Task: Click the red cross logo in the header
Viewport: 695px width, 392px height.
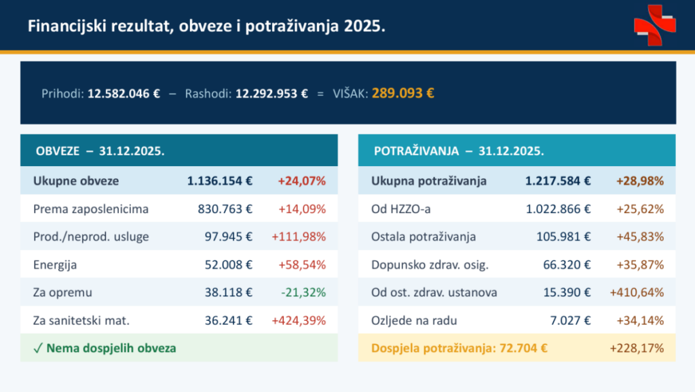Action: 655,25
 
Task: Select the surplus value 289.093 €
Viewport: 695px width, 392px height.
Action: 402,94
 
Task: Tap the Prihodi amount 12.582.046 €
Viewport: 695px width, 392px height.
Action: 124,94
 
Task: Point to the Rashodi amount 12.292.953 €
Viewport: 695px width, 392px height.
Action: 271,94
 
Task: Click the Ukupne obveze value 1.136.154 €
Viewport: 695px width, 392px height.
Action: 220,181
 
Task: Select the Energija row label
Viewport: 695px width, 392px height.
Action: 56,264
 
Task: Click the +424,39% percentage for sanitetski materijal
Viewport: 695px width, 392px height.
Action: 299,320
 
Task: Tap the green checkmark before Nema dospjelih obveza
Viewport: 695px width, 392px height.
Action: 38,348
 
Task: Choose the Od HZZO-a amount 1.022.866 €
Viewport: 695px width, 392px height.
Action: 558,209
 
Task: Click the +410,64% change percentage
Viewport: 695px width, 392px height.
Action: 637,292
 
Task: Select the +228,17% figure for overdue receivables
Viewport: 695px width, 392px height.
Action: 637,349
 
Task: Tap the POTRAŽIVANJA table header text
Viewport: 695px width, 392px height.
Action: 458,151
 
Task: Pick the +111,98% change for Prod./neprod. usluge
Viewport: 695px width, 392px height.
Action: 299,237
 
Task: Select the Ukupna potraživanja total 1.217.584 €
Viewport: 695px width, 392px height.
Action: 558,181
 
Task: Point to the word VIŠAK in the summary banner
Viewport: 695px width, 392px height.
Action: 351,94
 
